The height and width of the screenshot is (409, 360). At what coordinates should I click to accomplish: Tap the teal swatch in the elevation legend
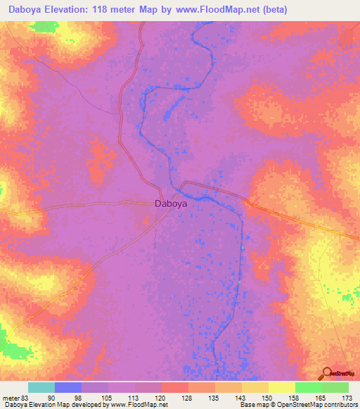click(x=41, y=387)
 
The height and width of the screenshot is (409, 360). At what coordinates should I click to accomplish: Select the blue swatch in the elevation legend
click(x=68, y=387)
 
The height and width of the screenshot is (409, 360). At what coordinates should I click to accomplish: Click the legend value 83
click(x=25, y=397)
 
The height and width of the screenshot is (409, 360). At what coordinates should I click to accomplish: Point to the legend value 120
click(x=161, y=397)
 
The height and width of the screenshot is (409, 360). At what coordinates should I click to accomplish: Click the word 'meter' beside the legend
click(x=11, y=397)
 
